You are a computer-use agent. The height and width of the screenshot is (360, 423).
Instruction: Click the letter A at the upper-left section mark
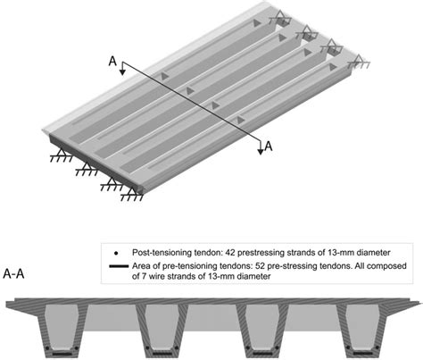pos(112,61)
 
